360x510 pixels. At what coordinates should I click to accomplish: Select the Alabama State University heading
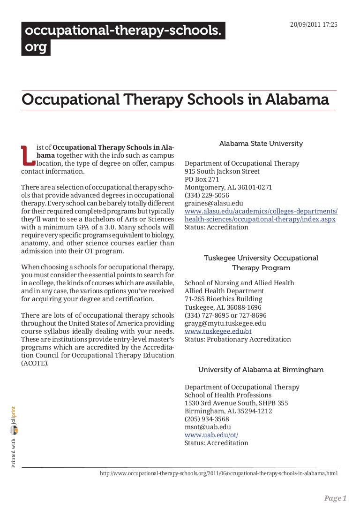pos(261,143)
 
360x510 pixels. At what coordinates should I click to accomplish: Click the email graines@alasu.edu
pos(214,203)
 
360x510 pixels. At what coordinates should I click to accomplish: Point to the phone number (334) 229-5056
pos(207,195)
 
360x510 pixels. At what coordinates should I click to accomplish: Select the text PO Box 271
pos(202,179)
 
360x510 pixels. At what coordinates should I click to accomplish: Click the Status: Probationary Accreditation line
pos(238,339)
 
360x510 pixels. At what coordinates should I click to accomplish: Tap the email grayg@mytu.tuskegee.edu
pos(225,323)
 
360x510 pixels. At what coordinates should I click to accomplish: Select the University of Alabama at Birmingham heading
pos(261,370)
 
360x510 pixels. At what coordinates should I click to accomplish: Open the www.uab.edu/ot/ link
pos(211,435)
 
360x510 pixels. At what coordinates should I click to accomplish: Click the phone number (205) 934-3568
pos(207,419)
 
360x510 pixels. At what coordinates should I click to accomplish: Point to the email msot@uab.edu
pos(208,427)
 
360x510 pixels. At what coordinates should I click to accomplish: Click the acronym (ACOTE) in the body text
pos(35,363)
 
